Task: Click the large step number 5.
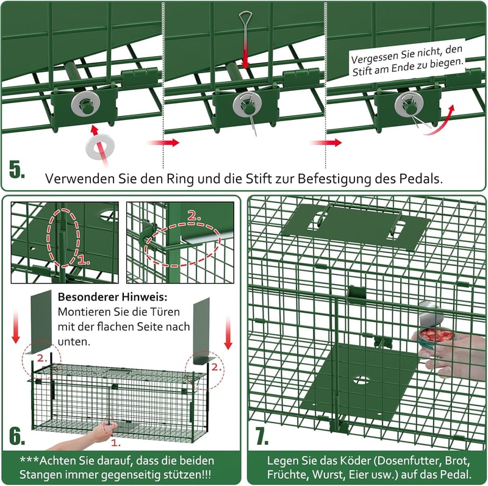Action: point(17,170)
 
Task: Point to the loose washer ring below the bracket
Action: point(100,146)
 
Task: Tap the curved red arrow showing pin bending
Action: point(440,122)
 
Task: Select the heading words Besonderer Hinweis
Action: point(112,297)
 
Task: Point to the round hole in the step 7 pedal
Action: point(362,380)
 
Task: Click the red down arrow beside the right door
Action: point(228,333)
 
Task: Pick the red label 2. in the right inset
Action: point(194,216)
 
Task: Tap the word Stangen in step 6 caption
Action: point(40,475)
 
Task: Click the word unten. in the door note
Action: point(74,341)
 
